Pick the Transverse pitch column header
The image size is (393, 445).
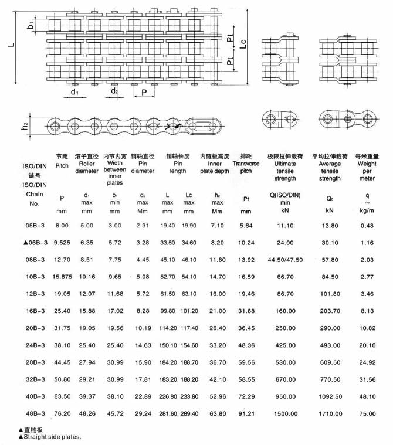246,164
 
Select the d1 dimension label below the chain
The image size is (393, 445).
75,93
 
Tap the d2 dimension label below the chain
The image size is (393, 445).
115,91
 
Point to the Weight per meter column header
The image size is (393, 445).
367,167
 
